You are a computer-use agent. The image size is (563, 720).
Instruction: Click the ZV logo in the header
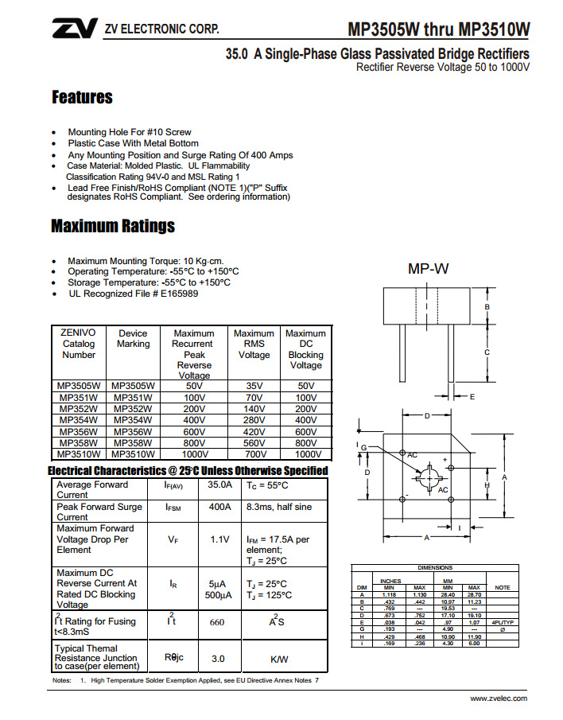74,29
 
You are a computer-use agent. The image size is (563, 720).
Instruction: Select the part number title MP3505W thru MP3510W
438,29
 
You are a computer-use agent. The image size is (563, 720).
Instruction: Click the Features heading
82,98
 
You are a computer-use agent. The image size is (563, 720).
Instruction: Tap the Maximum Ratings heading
113,226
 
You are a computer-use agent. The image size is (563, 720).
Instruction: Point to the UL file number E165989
179,294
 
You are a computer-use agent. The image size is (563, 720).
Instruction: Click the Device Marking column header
133,339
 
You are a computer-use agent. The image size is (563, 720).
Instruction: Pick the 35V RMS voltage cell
254,386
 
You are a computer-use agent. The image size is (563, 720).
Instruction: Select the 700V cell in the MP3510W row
254,453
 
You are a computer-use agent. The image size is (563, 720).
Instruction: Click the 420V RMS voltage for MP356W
254,431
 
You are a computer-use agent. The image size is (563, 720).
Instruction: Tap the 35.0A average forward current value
220,485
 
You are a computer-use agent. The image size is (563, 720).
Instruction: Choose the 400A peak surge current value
220,507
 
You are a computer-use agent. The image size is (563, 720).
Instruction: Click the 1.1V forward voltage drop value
220,539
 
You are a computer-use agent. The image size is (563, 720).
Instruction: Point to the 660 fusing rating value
217,622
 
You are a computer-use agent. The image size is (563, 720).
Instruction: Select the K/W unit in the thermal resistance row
279,659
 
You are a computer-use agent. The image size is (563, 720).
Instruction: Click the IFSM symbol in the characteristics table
173,507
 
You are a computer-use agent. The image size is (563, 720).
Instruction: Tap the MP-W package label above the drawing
429,269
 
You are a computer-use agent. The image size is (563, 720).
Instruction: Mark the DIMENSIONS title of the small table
435,568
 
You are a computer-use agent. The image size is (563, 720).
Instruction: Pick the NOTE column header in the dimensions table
502,587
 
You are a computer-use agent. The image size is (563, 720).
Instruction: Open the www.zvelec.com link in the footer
499,698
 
